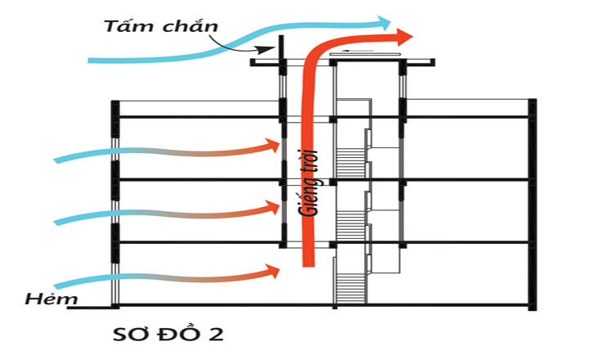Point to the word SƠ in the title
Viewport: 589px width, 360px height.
pos(130,335)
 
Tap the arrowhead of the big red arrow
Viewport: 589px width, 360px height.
pos(402,36)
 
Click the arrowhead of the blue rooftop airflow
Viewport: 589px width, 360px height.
pos(382,20)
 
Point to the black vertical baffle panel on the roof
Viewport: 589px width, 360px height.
pos(280,49)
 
